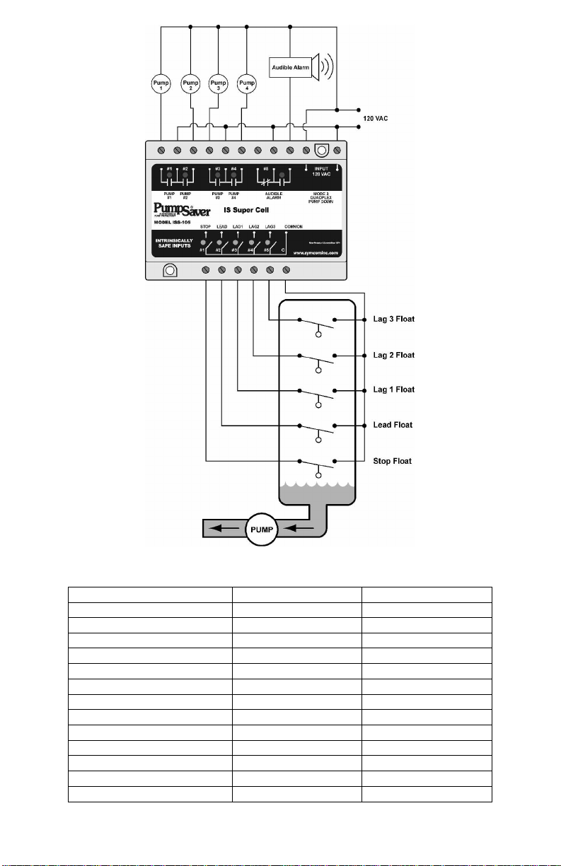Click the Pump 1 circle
pos(162,85)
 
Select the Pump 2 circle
pos(190,85)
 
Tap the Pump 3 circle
pos(218,85)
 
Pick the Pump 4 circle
pos(246,85)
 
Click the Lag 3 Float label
pos(393,320)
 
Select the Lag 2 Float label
pos(393,355)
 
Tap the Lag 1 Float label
pos(393,390)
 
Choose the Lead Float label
pos(393,426)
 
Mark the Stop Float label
pos(392,461)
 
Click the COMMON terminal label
pos(295,226)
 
